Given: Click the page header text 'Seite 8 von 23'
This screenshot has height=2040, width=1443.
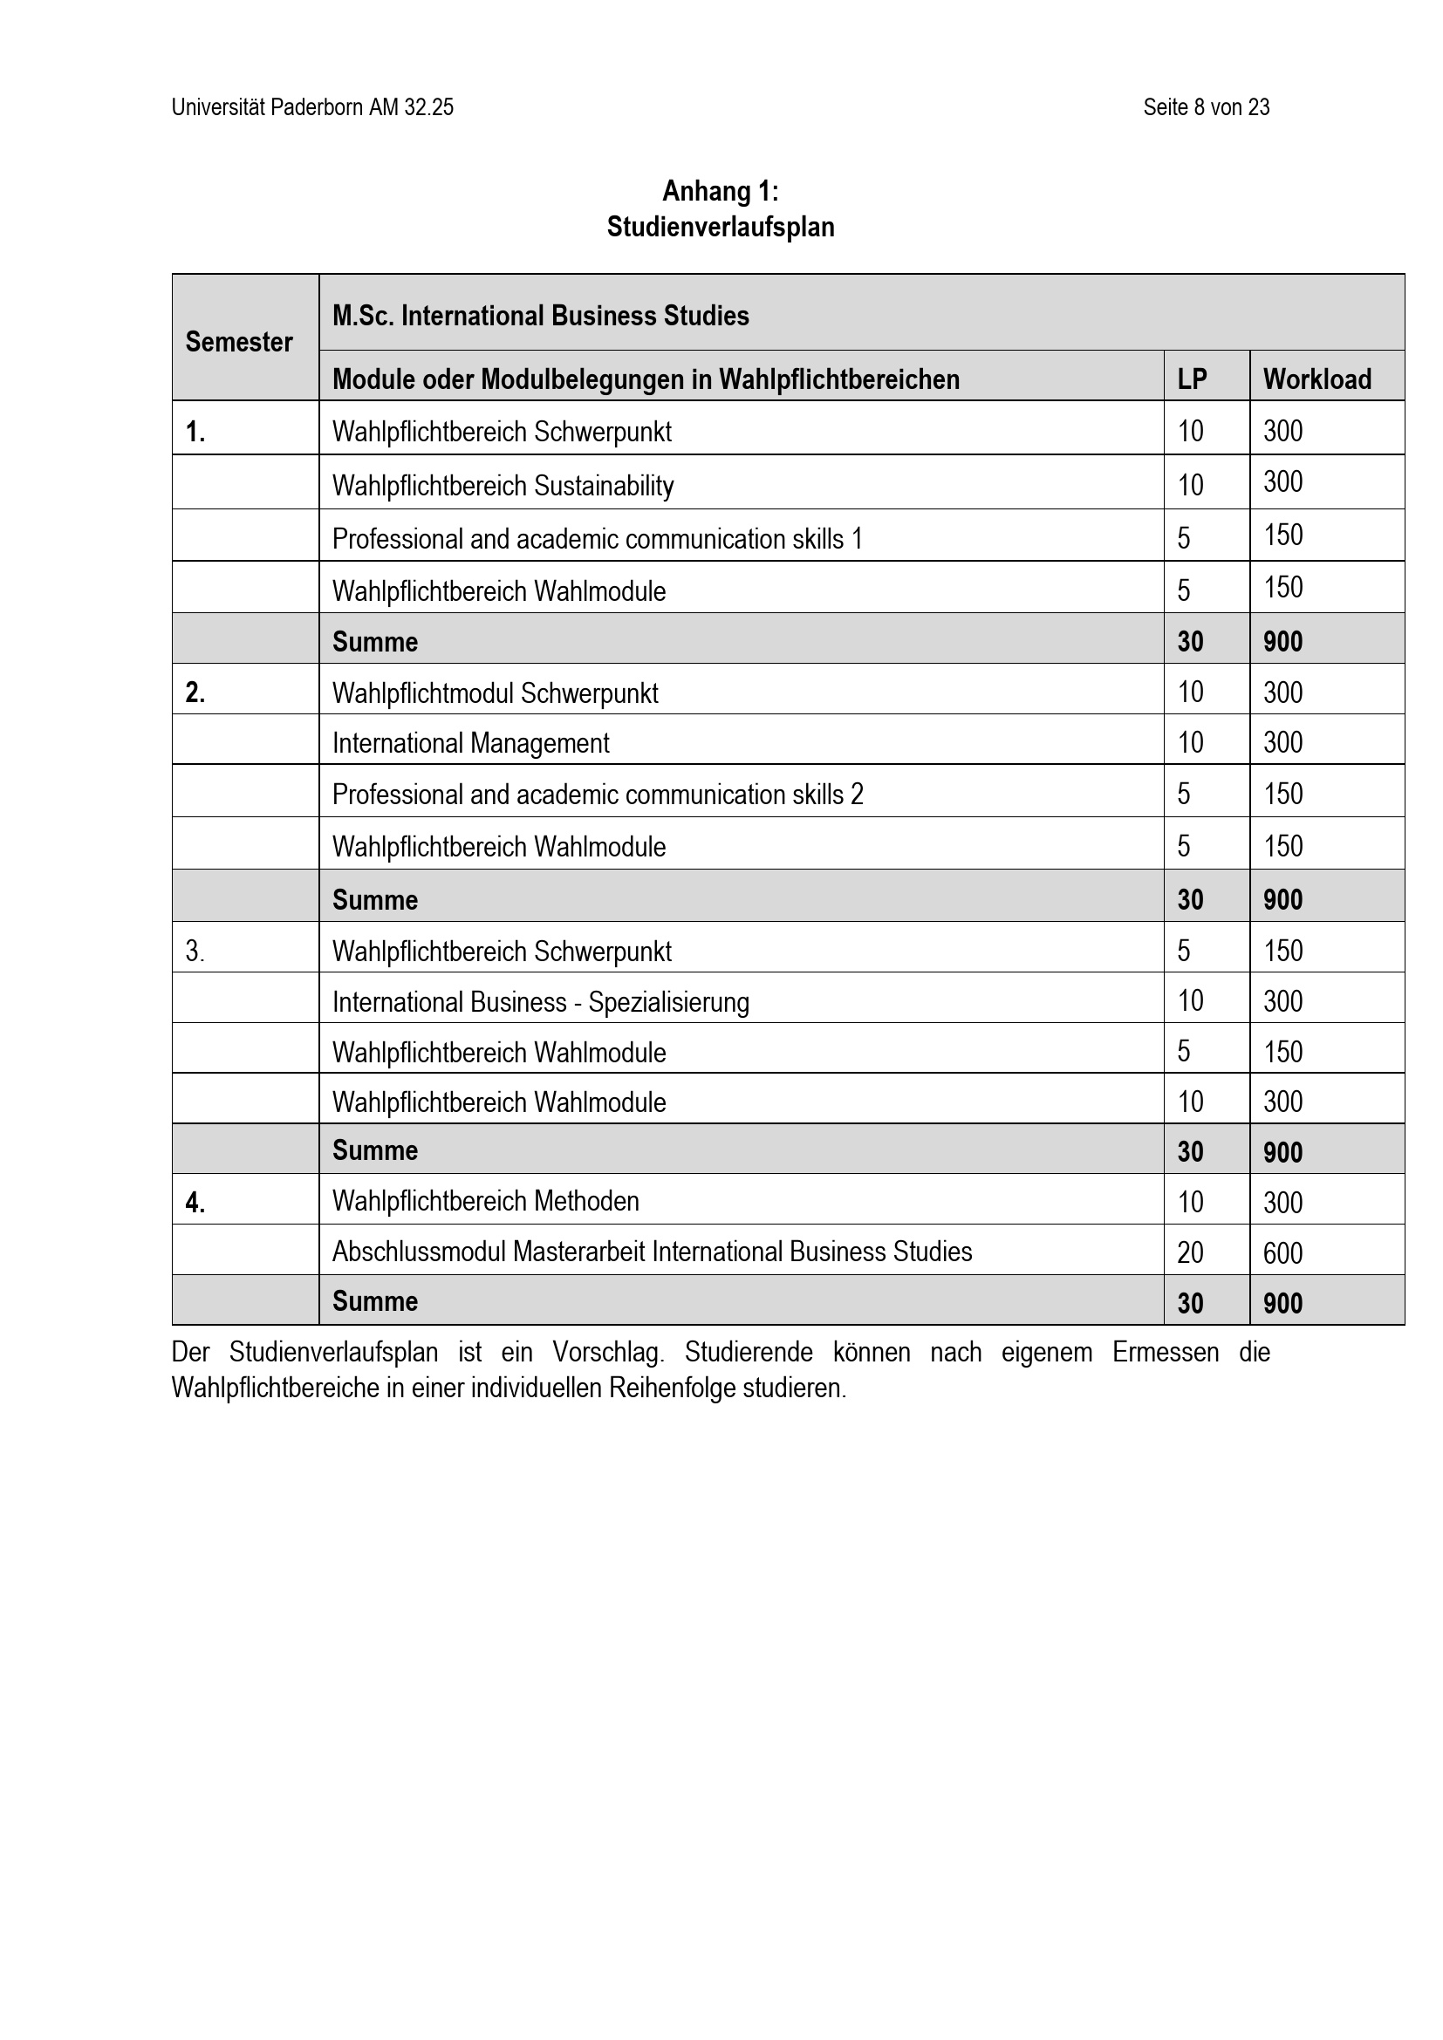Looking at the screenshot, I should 1206,107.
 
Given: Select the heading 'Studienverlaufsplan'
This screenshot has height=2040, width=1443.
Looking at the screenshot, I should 720,227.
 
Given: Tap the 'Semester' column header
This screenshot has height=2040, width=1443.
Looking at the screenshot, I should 239,342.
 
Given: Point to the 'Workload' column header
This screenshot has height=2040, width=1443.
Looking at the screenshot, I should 1316,379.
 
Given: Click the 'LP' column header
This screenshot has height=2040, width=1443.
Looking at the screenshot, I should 1192,379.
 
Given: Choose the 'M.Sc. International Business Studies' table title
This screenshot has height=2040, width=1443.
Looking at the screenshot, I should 540,316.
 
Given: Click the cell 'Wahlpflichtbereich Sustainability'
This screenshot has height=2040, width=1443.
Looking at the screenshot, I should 503,485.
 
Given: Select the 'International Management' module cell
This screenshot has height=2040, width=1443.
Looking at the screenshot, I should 471,743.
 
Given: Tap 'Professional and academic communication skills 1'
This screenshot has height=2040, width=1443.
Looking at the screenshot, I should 597,538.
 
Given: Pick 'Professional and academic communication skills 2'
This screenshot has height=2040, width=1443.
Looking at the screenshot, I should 597,795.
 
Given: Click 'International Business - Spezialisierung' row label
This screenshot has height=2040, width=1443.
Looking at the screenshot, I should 540,1002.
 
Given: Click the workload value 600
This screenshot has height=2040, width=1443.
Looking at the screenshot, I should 1282,1252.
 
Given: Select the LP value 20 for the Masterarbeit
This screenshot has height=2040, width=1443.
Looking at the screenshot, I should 1190,1252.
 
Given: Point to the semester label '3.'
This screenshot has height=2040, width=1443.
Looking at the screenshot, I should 195,952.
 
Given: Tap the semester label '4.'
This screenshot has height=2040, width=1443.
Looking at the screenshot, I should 195,1203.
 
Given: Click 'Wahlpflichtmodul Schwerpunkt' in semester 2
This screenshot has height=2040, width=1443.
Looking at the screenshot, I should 495,693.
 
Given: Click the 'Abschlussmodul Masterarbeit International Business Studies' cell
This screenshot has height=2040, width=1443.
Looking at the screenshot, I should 653,1252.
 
